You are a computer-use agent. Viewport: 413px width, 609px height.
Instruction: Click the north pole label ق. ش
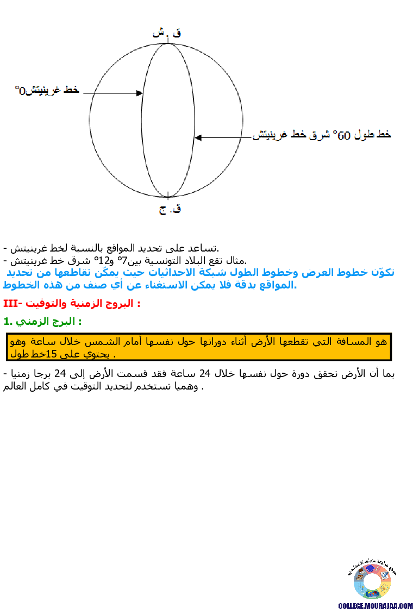pos(167,33)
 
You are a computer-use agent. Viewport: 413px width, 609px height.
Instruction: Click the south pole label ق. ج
pos(170,209)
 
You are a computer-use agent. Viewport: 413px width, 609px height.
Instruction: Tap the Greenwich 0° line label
pos(47,90)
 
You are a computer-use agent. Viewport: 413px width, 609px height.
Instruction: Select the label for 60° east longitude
pos(322,134)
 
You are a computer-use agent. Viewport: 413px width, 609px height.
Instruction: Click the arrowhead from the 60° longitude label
pos(198,138)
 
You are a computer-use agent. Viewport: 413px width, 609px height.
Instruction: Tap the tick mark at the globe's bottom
pos(169,195)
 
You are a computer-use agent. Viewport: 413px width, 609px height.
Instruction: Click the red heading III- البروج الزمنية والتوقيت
pos(72,303)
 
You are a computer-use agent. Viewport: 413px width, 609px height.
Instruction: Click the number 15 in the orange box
pos(52,354)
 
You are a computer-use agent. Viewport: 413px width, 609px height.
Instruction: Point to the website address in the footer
pos(376,605)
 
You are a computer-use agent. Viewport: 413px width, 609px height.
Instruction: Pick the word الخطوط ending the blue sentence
pos(22,285)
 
